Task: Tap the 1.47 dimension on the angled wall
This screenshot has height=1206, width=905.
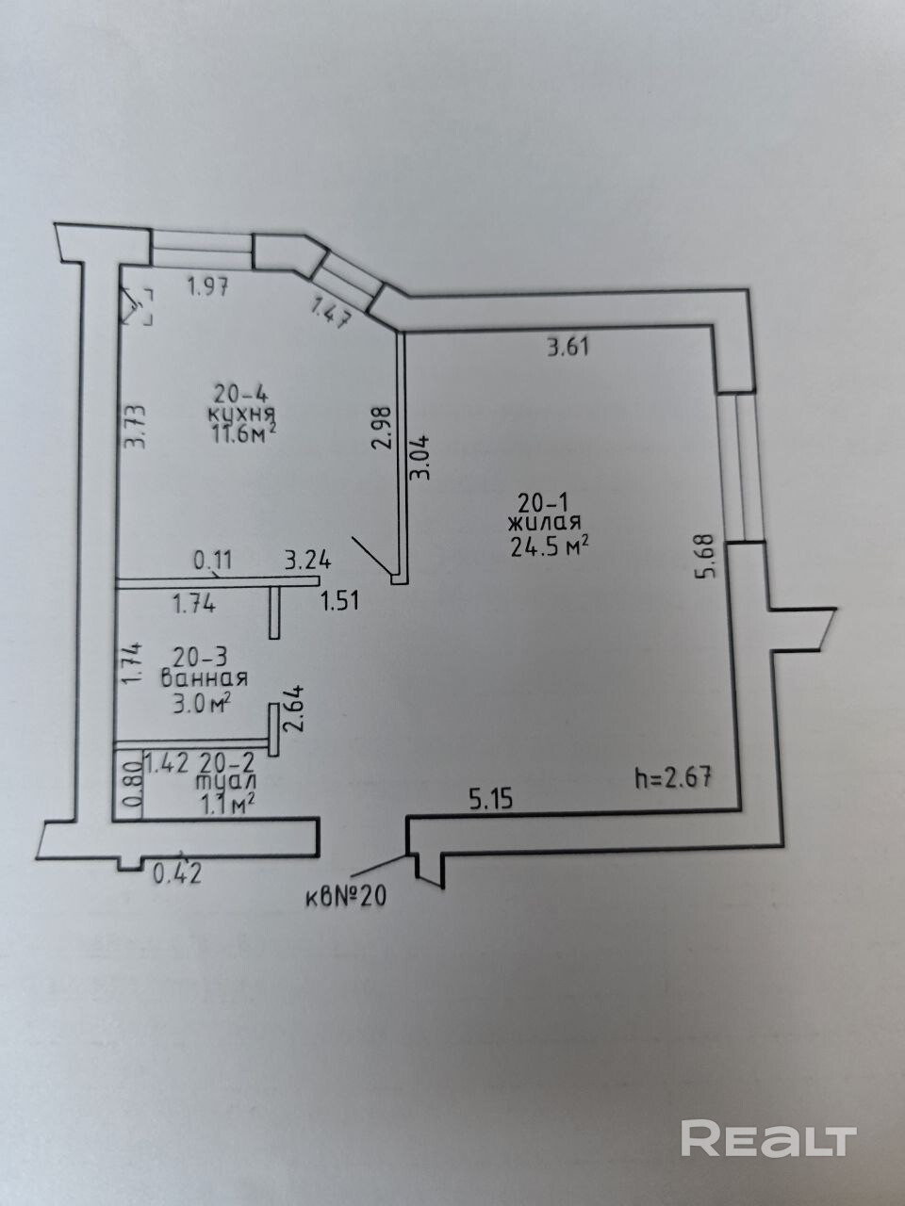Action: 331,311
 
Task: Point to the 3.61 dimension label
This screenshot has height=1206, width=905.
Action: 568,347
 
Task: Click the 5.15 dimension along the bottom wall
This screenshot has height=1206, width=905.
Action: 490,800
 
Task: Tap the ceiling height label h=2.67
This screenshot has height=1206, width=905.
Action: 671,778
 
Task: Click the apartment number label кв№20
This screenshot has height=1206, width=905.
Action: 345,897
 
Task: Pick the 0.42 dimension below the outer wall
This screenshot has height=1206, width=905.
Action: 177,873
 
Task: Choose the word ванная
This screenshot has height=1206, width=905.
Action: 204,678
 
